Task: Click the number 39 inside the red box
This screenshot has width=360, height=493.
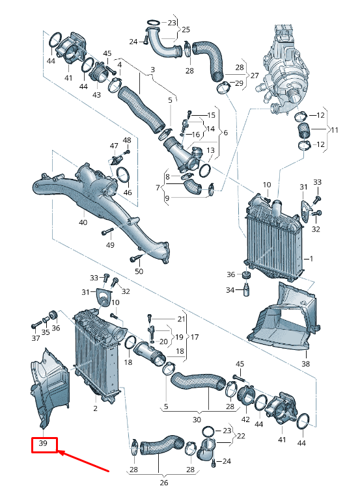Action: (43, 443)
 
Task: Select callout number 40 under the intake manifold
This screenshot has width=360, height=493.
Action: (83, 222)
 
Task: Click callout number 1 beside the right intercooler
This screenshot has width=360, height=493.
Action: (311, 259)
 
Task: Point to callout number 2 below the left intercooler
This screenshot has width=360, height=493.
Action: (95, 408)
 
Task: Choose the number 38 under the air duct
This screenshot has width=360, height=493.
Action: (305, 364)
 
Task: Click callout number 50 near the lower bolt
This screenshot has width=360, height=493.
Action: (139, 271)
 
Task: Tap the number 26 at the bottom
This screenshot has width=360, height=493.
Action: (164, 483)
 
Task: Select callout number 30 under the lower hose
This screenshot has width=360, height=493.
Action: (197, 420)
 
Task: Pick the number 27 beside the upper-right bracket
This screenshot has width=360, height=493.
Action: (255, 75)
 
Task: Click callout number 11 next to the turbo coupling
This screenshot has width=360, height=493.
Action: (335, 129)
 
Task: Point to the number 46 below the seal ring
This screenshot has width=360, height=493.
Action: (128, 192)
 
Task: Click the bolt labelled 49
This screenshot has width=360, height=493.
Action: (107, 233)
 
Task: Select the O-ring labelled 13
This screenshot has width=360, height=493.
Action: (205, 170)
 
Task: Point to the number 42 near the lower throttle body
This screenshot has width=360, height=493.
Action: (245, 420)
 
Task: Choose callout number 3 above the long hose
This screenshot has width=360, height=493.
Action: (152, 70)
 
